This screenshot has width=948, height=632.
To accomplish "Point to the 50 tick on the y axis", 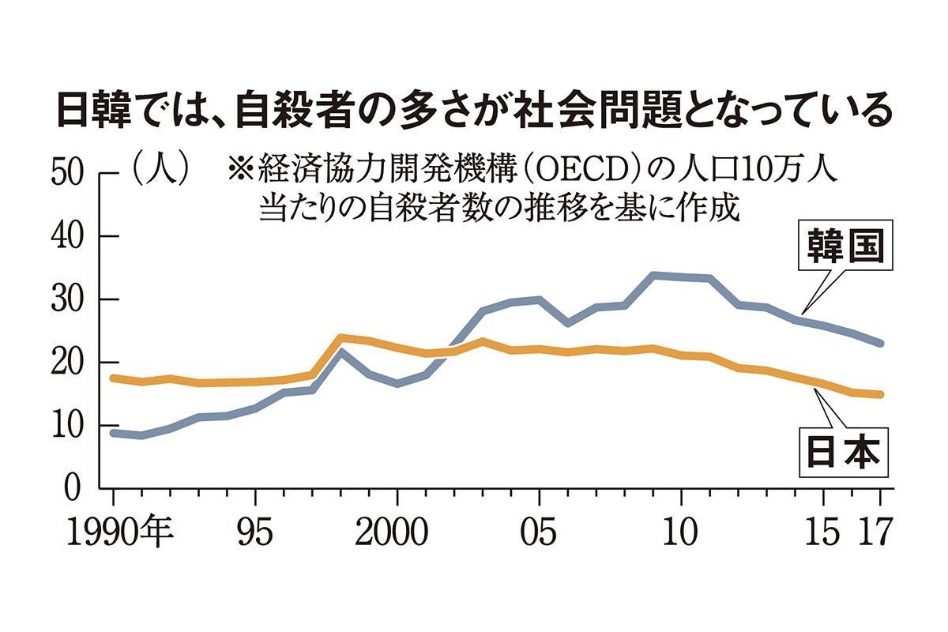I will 68,174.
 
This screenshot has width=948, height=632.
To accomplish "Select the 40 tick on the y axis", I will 68,237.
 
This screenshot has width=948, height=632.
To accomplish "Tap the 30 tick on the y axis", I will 68,300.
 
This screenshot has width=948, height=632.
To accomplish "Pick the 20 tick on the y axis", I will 68,363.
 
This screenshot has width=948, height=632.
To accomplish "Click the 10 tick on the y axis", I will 68,427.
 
